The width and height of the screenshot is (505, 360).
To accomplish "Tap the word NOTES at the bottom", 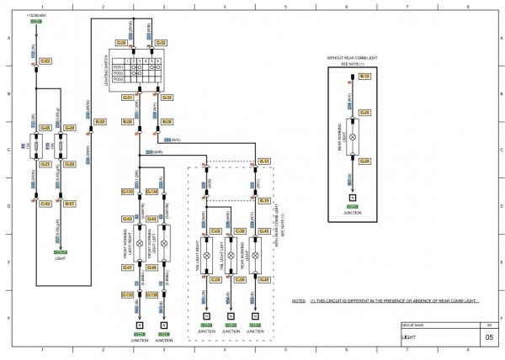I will coord(298,300).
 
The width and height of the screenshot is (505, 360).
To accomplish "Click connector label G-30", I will coord(121,42).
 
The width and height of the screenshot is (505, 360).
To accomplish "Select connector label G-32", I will coord(161,42).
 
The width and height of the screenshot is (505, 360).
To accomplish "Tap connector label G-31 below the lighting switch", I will coord(128,98).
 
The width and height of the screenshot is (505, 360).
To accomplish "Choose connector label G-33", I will coord(167,98).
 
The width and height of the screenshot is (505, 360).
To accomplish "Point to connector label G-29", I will coord(70,164).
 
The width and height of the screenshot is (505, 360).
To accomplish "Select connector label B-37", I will coord(70,204).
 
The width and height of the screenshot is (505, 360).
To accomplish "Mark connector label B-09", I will coord(100,122).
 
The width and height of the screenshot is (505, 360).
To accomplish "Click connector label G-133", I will coord(128,192).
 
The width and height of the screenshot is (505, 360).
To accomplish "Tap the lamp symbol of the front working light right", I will coord(140,247).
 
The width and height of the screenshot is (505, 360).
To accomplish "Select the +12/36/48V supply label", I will coord(36,15).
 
